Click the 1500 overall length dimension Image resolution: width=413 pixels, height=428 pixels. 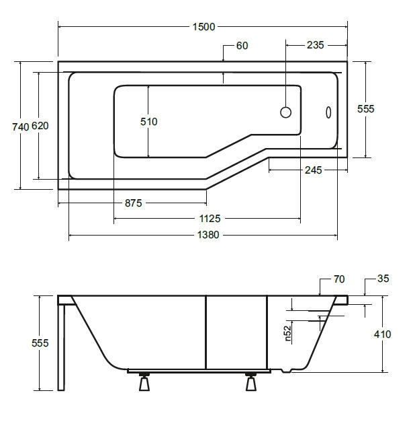[203, 27]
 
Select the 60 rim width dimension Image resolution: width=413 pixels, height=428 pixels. [242, 46]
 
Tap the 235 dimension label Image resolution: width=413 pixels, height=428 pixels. [315, 45]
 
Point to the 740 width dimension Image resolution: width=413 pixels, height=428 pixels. [20, 127]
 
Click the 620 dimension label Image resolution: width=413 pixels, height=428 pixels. [40, 126]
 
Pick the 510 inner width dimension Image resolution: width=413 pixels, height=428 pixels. [148, 121]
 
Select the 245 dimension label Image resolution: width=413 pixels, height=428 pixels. [314, 170]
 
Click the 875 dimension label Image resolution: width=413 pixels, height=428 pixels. [134, 203]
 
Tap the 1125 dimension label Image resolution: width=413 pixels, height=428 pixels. [210, 219]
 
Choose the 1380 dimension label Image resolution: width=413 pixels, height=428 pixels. [208, 235]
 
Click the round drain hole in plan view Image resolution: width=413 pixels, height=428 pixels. [286, 112]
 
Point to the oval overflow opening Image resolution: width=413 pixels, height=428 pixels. [328, 112]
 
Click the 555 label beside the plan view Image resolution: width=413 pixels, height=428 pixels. [365, 109]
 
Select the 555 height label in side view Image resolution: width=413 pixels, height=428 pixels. [40, 343]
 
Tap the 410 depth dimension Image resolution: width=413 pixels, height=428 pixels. [382, 334]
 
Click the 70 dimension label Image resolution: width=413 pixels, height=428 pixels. [339, 279]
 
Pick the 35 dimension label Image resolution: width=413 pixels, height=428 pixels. [383, 279]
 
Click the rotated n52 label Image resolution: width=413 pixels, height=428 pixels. [288, 334]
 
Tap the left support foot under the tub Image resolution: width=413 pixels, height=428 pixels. [144, 382]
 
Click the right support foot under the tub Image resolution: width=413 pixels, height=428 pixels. [251, 382]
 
